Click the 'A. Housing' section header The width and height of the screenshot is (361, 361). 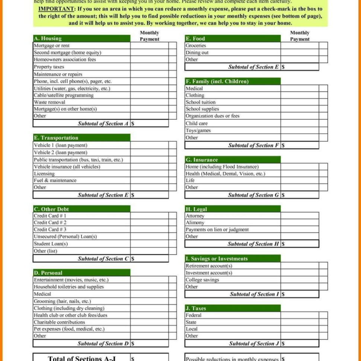tap(48, 38)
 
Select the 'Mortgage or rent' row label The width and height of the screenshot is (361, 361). tap(51, 45)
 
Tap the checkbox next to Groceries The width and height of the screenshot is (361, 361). tap(323, 45)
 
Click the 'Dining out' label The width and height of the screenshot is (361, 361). tap(197, 52)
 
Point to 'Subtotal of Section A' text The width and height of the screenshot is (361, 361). tap(103, 124)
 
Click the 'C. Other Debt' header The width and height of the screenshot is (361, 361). tap(51, 209)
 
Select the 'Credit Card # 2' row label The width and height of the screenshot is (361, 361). tap(50, 223)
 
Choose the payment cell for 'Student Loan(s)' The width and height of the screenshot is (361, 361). tap(149, 244)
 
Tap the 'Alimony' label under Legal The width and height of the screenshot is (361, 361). tap(195, 223)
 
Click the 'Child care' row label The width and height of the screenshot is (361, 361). tap(197, 123)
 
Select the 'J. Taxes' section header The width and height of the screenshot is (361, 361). tap(196, 308)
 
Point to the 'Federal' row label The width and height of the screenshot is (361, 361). tap(193, 315)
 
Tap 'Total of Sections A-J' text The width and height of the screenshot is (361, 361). tap(82, 358)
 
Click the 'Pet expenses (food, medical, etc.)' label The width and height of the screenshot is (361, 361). tap(69, 329)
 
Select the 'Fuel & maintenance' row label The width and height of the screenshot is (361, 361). tap(55, 180)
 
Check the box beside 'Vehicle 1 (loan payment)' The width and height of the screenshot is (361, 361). tap(172, 145)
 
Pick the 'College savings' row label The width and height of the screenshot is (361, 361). tap(202, 280)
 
